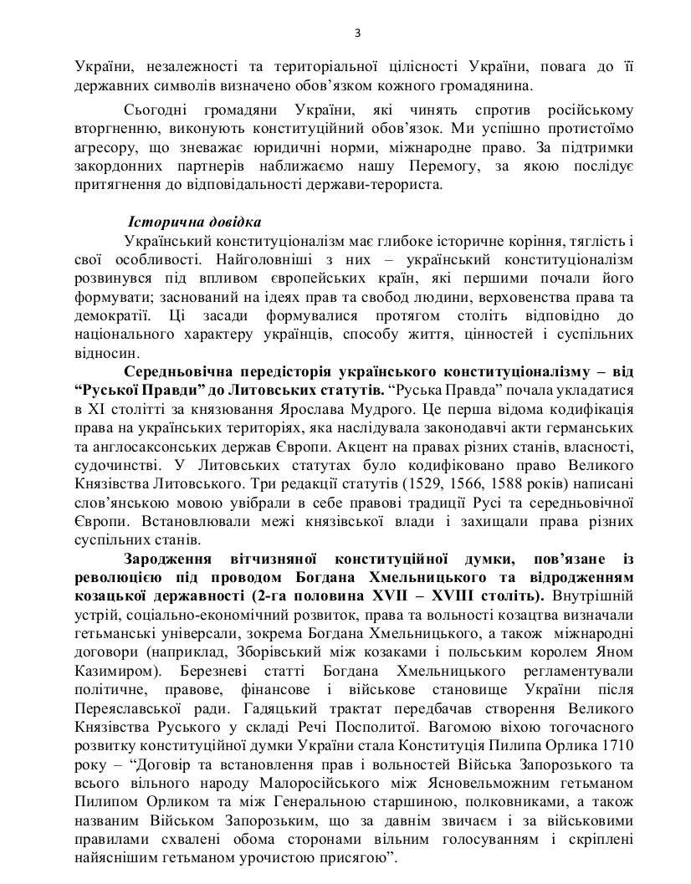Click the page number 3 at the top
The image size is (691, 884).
356,33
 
